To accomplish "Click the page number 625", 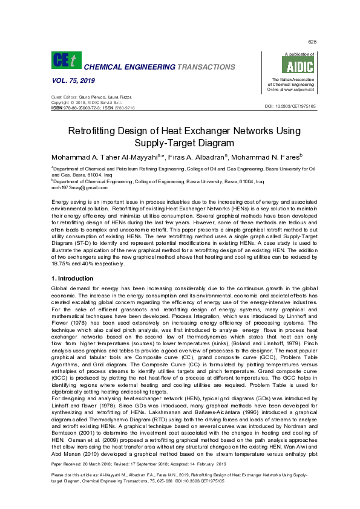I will [x=312, y=42].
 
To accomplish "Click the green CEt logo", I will [x=65, y=60].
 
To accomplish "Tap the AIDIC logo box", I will [x=287, y=66].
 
